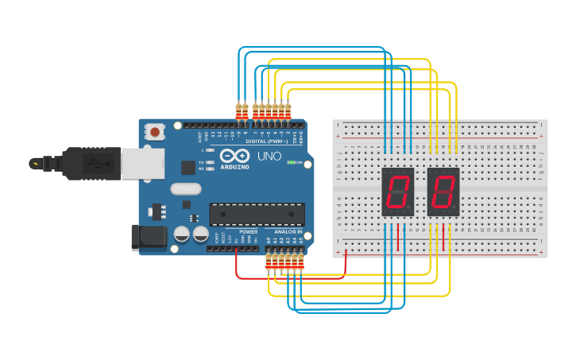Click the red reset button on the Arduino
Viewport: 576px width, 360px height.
pyautogui.click(x=155, y=131)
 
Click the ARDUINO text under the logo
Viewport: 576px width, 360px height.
pyautogui.click(x=235, y=167)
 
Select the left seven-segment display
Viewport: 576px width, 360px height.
pyautogui.click(x=397, y=191)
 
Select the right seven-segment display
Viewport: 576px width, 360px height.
pyautogui.click(x=443, y=191)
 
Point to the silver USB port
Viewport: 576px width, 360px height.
pyautogui.click(x=144, y=163)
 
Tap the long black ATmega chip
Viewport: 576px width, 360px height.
pyautogui.click(x=257, y=215)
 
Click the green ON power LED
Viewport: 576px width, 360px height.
pyautogui.click(x=291, y=162)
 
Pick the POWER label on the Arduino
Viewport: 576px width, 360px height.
pyautogui.click(x=248, y=232)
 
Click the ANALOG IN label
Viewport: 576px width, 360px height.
pyautogui.click(x=288, y=232)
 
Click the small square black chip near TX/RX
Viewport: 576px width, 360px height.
pyautogui.click(x=187, y=167)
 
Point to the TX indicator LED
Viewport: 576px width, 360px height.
pyautogui.click(x=210, y=162)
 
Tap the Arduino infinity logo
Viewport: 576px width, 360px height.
pyautogui.click(x=235, y=156)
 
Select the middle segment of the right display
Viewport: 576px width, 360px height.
pyautogui.click(x=443, y=191)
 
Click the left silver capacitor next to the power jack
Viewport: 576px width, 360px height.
pyautogui.click(x=182, y=234)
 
